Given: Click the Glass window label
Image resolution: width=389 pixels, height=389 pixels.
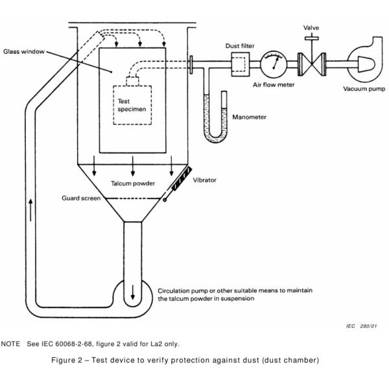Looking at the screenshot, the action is coord(24,52).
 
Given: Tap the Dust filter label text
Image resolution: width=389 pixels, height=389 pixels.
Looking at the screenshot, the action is coord(240,46).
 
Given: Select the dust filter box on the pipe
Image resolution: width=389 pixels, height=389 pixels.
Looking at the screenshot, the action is coord(241,64).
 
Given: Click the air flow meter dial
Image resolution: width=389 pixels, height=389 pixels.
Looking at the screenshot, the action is coord(274,64).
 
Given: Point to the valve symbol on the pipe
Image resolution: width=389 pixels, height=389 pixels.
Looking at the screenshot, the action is coord(312,64).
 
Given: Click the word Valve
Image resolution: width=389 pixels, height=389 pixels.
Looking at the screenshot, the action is coord(311,27).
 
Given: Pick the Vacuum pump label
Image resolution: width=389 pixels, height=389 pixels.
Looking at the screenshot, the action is coord(364,89).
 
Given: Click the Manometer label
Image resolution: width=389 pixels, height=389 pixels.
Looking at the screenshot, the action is coord(249,117).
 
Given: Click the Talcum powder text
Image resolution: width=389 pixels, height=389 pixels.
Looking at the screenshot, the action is coord(133,183).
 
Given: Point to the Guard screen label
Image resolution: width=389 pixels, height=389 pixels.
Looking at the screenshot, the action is coord(81,198).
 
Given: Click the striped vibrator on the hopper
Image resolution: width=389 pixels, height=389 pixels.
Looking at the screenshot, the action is coord(182,179).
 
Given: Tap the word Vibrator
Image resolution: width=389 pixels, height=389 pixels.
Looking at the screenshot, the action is coord(204,180).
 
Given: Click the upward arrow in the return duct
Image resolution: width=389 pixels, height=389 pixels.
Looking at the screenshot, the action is coord(30,209).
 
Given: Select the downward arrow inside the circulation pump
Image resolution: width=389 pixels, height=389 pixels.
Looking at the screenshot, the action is coord(133,292).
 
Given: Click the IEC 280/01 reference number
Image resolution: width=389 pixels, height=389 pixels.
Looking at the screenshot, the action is coord(362,326).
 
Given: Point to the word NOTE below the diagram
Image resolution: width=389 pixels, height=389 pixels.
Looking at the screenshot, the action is coord(10,344).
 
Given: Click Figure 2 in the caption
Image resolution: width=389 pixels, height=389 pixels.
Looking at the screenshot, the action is coord(67,360).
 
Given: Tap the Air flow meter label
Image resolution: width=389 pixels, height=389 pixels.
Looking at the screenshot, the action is coord(274,84).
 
